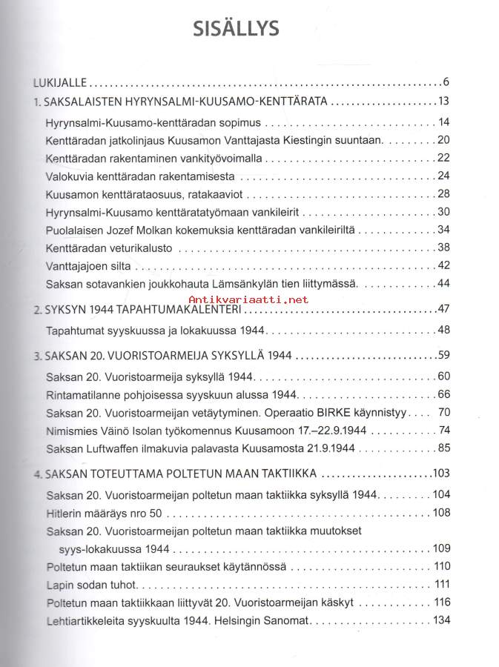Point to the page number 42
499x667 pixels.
pos(445,265)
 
